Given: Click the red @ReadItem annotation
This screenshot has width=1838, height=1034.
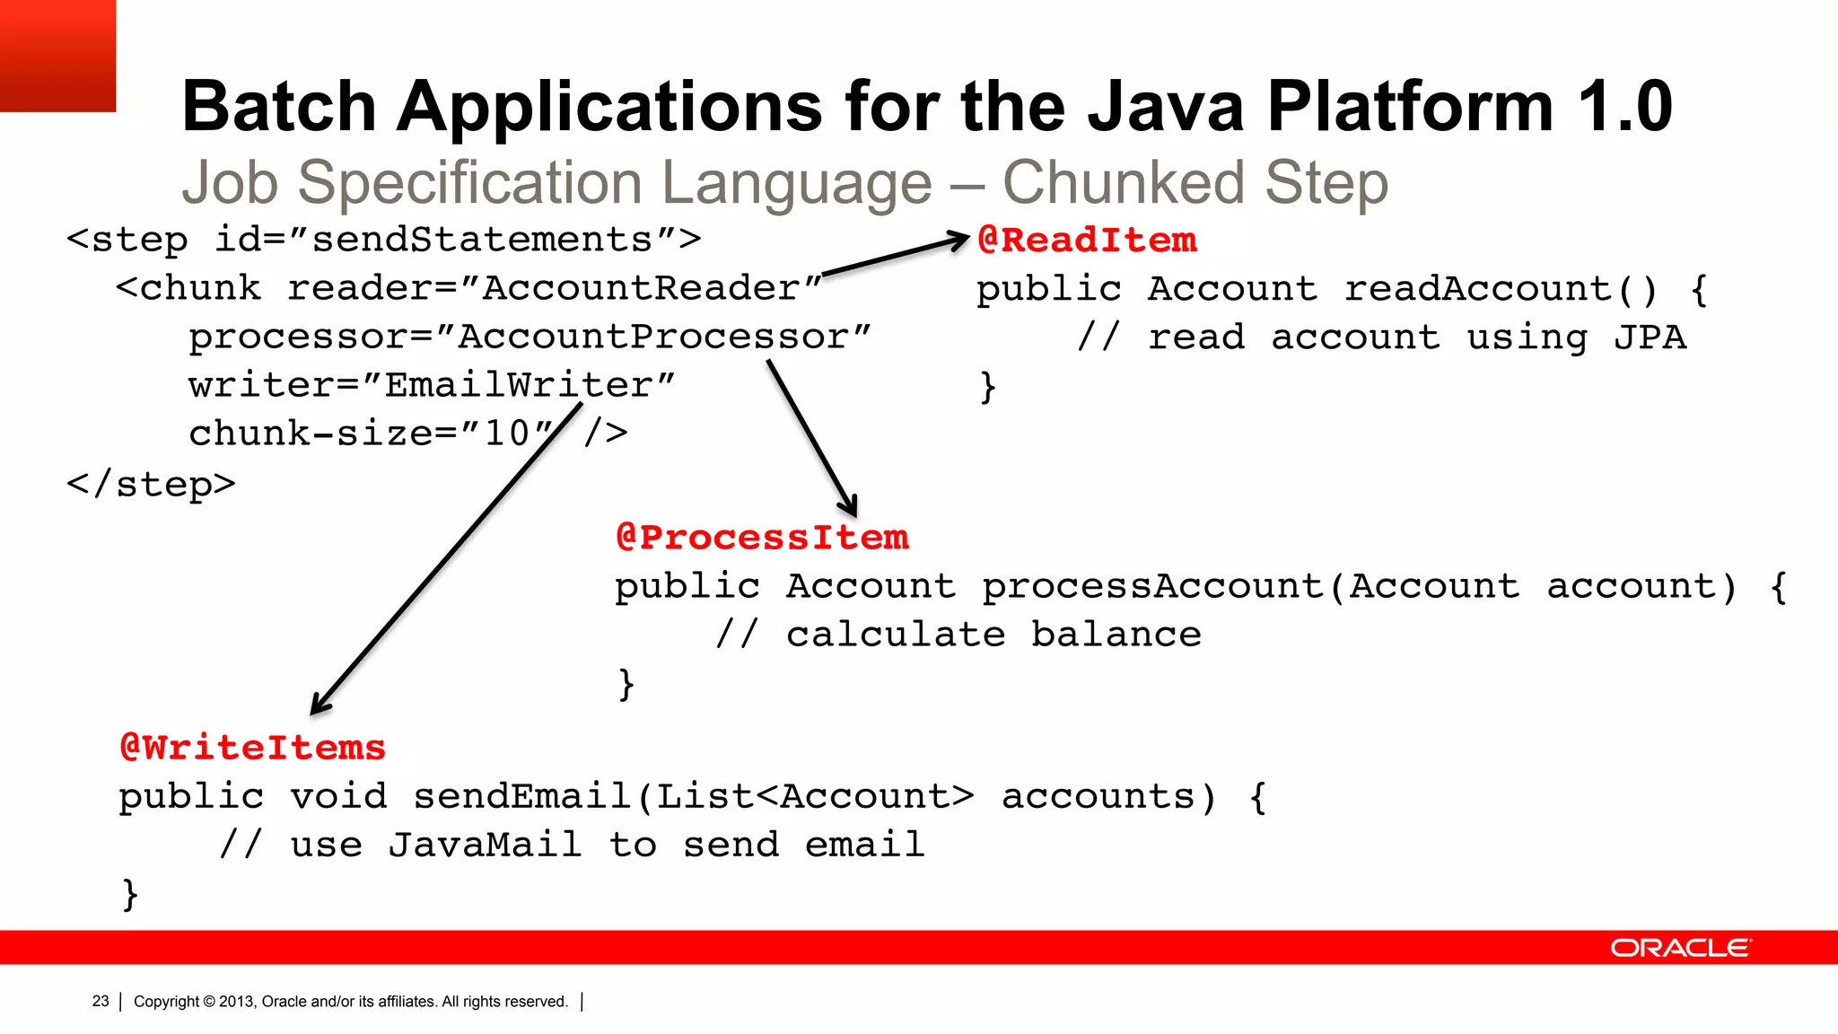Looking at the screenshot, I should click(x=1086, y=241).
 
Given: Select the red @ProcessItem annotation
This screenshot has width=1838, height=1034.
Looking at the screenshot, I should click(x=762, y=538).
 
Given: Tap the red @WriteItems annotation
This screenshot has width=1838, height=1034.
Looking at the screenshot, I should click(x=253, y=748).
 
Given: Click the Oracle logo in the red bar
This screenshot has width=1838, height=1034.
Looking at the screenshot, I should click(x=1679, y=948).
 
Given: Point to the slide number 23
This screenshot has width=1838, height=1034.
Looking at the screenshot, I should click(x=101, y=1001).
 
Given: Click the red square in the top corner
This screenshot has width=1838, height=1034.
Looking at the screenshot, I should click(x=57, y=56).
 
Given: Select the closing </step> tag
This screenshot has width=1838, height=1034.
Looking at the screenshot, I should click(x=151, y=485).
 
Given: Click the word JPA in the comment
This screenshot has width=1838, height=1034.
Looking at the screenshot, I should click(x=1650, y=337).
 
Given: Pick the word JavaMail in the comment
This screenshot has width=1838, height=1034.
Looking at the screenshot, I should click(x=485, y=845).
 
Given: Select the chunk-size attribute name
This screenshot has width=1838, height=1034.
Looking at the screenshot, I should click(x=311, y=434).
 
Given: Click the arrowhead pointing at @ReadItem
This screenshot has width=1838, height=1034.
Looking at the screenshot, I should click(x=960, y=240).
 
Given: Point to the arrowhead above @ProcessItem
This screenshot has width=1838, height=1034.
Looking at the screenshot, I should click(x=850, y=506).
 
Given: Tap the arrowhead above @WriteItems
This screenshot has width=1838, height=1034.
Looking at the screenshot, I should click(x=319, y=705).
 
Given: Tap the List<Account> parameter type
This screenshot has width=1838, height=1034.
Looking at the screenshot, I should click(x=815, y=797).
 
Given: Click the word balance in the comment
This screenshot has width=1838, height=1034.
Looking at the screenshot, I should click(x=1116, y=635).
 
